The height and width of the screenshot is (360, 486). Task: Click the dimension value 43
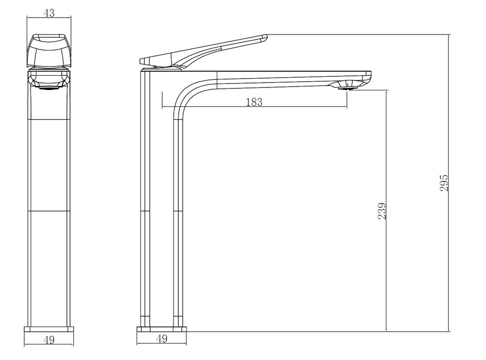[49, 13]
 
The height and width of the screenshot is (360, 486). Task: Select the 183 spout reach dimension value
[254, 102]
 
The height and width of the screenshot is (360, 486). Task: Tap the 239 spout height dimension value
[382, 211]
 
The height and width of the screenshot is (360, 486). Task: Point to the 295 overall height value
[444, 183]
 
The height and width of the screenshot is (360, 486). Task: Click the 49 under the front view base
[49, 340]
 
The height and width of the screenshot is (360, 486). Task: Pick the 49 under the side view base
[162, 339]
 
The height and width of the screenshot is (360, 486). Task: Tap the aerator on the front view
[49, 88]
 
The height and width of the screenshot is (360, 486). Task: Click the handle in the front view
[49, 51]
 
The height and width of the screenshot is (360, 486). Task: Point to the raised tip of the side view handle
[266, 37]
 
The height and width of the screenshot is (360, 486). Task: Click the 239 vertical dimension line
[386, 211]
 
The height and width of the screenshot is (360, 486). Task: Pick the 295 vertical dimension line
[449, 183]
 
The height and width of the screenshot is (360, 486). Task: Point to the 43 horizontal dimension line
[49, 17]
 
